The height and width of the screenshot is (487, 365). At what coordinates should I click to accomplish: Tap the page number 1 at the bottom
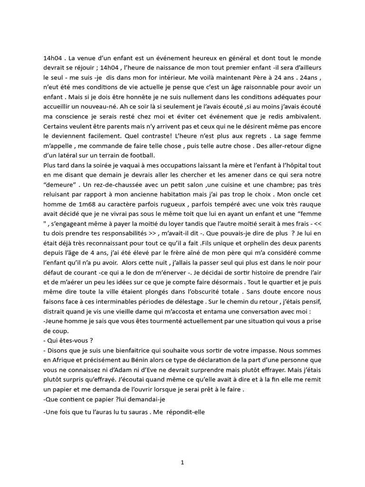click(x=182, y=461)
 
